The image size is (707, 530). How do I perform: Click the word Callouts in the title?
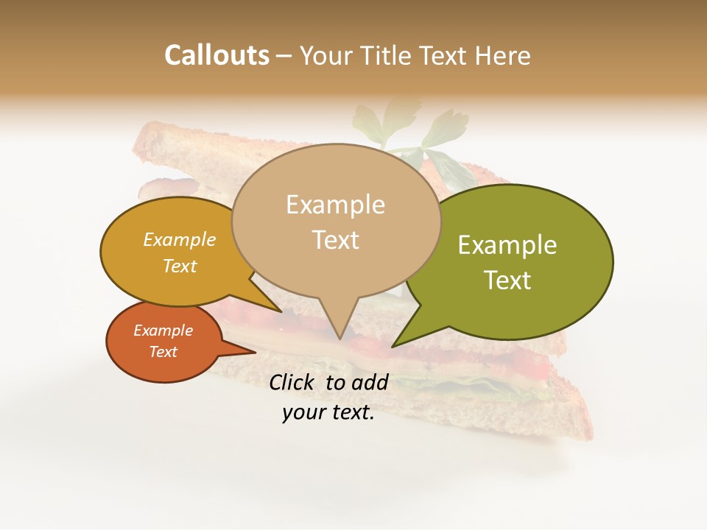[217, 55]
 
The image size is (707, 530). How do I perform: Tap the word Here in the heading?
[503, 55]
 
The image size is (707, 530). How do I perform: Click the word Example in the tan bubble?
[335, 205]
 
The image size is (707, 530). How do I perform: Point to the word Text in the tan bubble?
[335, 240]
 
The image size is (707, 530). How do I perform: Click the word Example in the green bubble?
[507, 245]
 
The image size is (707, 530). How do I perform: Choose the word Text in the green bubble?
[507, 280]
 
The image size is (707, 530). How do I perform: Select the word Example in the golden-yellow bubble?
[180, 239]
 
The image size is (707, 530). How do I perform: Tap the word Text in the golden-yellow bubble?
[180, 266]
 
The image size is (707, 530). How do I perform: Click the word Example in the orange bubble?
[163, 331]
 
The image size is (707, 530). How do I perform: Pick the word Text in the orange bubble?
[163, 352]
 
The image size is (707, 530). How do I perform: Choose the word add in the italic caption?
[370, 382]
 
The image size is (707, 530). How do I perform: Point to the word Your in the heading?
[328, 55]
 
